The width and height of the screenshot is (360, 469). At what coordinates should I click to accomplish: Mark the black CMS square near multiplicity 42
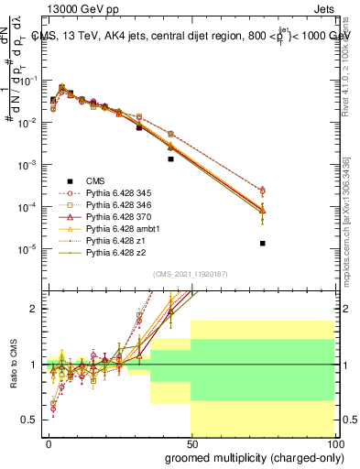pyautogui.click(x=170, y=158)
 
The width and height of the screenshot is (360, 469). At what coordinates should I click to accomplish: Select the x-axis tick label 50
pyautogui.click(x=191, y=443)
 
